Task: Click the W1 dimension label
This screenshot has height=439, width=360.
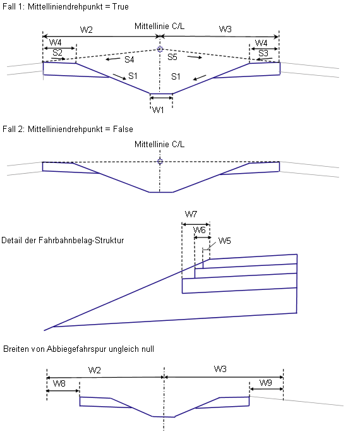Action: (158, 110)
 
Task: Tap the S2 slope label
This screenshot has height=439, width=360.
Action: (57, 52)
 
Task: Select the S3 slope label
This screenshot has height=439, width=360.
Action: (263, 53)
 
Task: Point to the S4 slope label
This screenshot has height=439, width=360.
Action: (129, 59)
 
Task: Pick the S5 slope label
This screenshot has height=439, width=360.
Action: (172, 57)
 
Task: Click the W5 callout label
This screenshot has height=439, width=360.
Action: (224, 241)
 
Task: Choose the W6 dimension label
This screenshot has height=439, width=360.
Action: (200, 230)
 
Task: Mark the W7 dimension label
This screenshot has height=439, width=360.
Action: (191, 215)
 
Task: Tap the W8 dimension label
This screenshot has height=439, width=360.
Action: (59, 383)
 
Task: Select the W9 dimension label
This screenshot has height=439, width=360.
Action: (265, 383)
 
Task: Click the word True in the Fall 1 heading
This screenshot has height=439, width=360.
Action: (121, 6)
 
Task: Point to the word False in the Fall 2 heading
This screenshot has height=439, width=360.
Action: (123, 129)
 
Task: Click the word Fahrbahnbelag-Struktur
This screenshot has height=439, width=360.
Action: (81, 240)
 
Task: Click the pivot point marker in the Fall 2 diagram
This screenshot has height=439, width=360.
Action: (160, 161)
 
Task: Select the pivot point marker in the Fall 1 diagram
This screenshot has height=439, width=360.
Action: (160, 49)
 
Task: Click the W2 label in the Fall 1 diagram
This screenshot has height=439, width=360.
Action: (87, 30)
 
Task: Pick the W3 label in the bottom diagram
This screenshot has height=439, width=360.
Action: (220, 369)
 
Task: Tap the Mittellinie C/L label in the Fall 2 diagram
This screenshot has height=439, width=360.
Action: (160, 144)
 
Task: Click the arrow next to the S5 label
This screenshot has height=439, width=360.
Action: (195, 57)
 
